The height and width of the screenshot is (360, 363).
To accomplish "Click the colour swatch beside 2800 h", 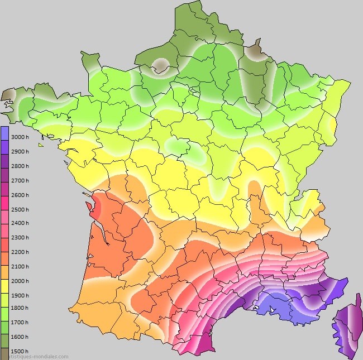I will point(4,166).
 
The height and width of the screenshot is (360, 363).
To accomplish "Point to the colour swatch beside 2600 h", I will point(4,195).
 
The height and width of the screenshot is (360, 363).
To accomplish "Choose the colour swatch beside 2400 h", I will point(4,223).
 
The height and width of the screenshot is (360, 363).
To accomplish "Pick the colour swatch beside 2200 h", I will point(4,252).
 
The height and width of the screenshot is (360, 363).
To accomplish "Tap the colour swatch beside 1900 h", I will point(4,295).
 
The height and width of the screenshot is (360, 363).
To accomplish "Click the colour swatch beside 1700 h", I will point(4,324).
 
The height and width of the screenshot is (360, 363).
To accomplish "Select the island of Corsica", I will point(345,327).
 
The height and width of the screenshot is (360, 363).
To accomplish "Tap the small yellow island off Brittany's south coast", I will point(41,145).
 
